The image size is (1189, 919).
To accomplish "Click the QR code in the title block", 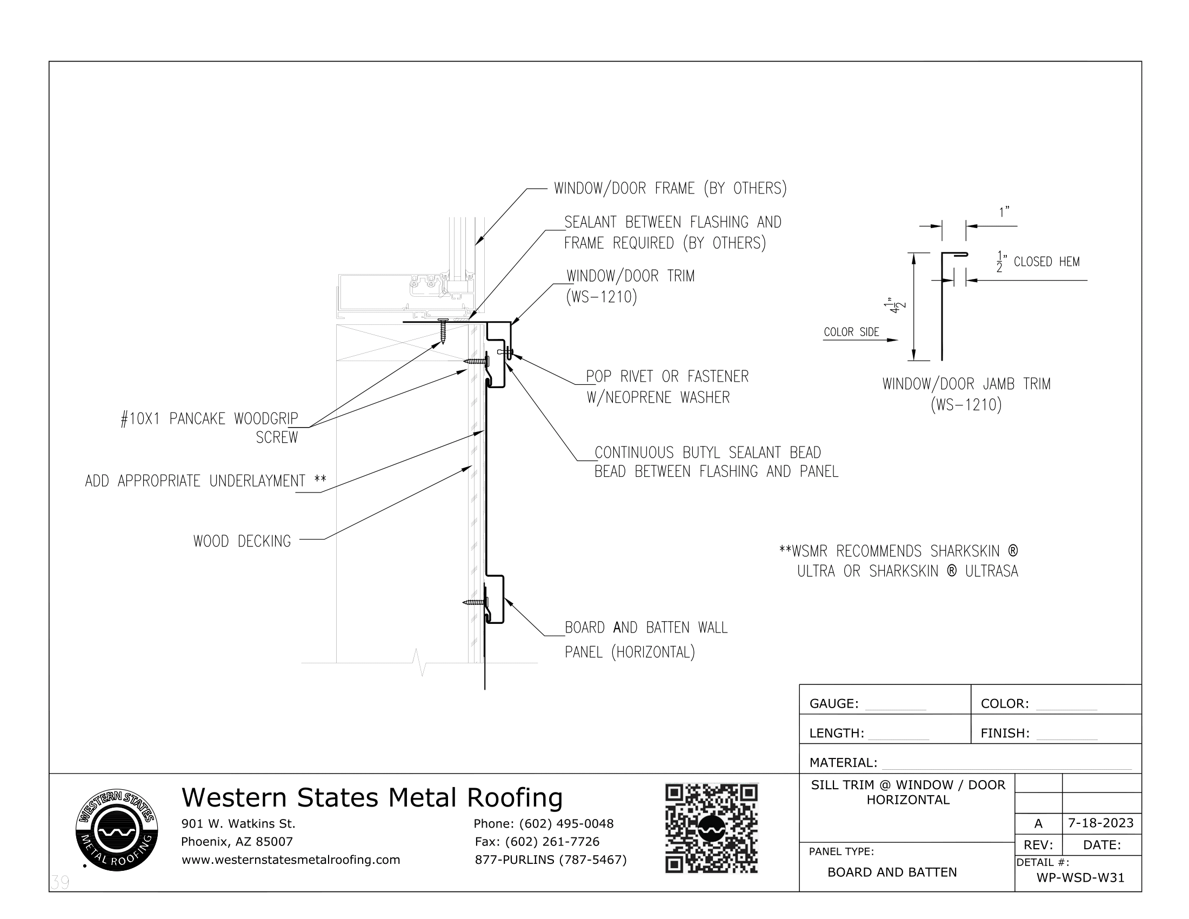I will click(x=711, y=828).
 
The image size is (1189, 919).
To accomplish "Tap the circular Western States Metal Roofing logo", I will click(x=117, y=830).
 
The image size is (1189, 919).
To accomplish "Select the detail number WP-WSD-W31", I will click(x=1080, y=877).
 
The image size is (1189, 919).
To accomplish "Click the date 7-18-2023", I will click(x=1100, y=823).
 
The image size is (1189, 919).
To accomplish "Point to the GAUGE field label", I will click(x=833, y=703).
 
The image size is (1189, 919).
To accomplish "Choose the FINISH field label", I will click(x=1005, y=733).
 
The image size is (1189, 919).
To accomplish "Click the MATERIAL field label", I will click(x=843, y=762).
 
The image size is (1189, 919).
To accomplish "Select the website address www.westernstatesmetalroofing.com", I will click(x=291, y=860).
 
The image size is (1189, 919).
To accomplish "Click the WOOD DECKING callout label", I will click(x=242, y=541).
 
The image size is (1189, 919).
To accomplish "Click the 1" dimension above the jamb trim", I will click(x=1004, y=212).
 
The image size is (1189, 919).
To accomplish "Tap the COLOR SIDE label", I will click(x=851, y=332).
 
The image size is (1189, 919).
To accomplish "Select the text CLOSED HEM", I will click(x=1046, y=262).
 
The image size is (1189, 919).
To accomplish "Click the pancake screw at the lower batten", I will click(x=475, y=602).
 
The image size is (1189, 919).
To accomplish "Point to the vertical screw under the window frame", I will click(x=443, y=331).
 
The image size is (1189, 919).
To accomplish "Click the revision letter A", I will click(x=1038, y=823).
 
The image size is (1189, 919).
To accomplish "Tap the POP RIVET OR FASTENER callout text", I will click(x=667, y=377).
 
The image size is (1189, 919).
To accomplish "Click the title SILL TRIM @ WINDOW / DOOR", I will click(x=907, y=784).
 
